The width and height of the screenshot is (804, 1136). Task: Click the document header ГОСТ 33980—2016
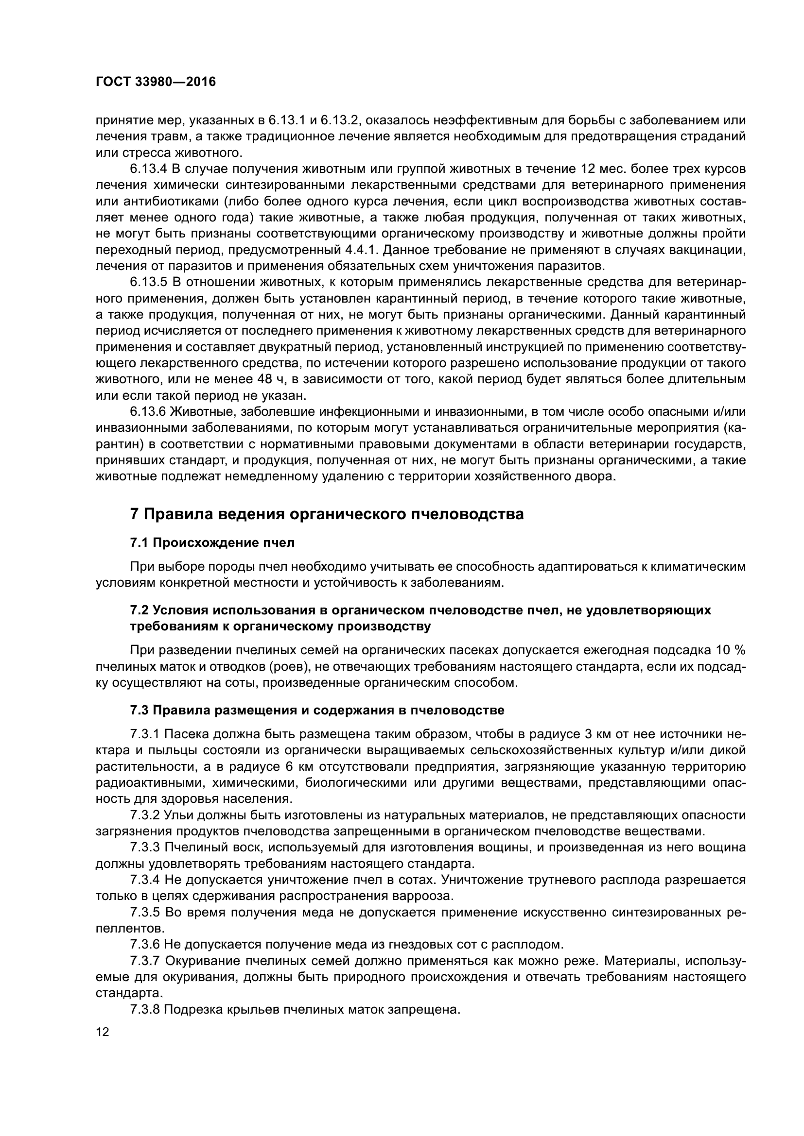coord(156,82)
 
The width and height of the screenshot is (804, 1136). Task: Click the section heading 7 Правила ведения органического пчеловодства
coord(327,514)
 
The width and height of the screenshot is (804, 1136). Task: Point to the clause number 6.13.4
coord(149,169)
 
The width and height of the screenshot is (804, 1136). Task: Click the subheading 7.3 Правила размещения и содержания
coord(317,711)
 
